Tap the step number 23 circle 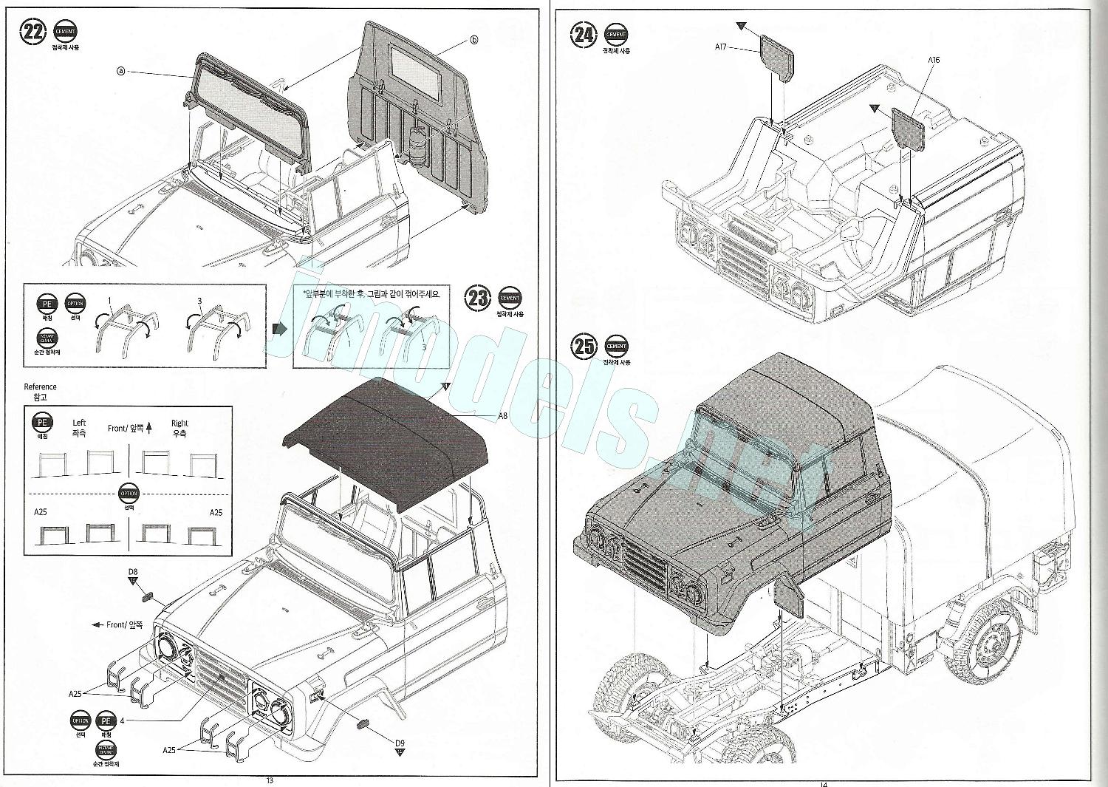coord(478,299)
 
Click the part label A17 coord(722,47)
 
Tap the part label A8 coord(502,416)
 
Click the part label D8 coord(133,571)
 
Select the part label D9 coord(400,743)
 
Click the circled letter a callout coord(121,71)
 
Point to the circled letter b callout coord(474,39)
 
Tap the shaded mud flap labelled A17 coord(777,55)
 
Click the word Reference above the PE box coord(40,386)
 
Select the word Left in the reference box coord(79,423)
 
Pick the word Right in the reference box coord(179,423)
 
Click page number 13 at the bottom coord(270,781)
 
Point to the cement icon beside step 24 coord(617,35)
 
